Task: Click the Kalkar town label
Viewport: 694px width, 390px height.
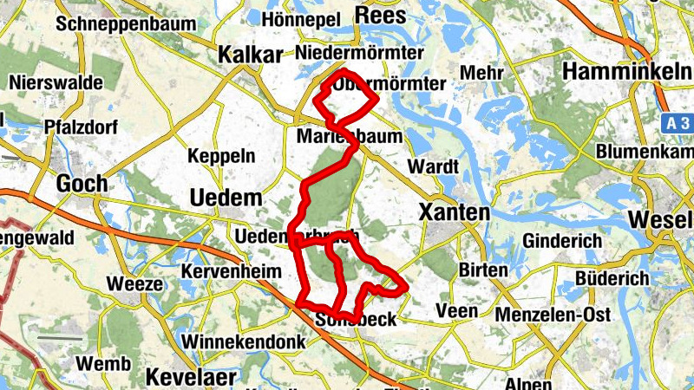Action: point(251,55)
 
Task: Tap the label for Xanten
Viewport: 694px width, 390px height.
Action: point(454,211)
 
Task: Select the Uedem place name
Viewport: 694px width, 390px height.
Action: point(226,198)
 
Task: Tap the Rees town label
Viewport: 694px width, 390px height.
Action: point(380,15)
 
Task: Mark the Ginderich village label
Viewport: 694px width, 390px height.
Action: point(561,238)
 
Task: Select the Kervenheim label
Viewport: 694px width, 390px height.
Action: point(231,271)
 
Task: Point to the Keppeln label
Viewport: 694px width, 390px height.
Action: point(222,157)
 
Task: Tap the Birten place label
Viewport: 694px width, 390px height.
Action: point(483,270)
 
